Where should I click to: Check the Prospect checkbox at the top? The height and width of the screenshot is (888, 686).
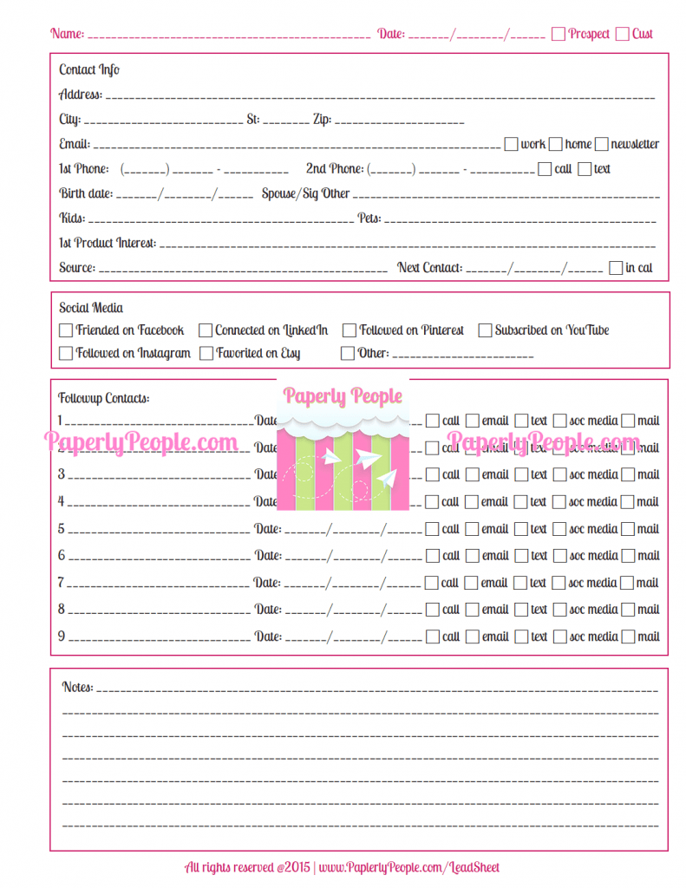point(559,34)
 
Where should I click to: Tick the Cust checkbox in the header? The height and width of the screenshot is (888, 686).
point(623,34)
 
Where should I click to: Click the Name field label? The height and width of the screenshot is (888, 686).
point(68,34)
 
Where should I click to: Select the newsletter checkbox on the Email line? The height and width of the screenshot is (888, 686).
point(603,144)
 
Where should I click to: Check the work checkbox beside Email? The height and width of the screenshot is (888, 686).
point(512,144)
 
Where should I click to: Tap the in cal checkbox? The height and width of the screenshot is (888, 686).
point(616,268)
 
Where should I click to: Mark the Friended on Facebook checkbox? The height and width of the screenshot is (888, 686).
point(66,330)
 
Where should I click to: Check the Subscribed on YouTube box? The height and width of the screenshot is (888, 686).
point(486,330)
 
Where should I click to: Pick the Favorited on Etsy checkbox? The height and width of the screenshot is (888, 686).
point(206,353)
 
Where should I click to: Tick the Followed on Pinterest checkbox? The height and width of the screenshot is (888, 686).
point(350,330)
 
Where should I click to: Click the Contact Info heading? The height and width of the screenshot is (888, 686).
point(89,69)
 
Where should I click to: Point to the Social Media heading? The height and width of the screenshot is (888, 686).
point(91,307)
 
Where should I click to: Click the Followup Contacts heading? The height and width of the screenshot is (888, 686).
point(103,398)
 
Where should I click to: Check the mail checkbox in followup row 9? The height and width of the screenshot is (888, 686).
point(628,637)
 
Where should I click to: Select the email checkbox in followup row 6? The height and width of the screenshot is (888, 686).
point(473,556)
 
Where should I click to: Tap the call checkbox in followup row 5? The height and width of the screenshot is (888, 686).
point(433,529)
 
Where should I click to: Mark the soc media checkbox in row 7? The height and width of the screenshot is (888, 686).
point(559,583)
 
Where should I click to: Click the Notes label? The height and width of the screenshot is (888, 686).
point(77,687)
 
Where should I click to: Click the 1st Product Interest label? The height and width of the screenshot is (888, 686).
point(108,243)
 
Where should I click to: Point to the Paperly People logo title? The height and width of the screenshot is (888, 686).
point(343,396)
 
